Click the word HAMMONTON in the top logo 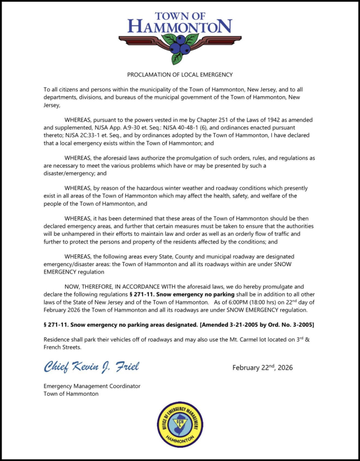click(180, 26)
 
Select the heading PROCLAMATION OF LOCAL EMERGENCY click(180, 74)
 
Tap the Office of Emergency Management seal click(180, 424)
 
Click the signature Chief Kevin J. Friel click(91, 367)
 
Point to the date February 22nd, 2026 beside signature click(262, 368)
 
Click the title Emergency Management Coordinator click(92, 386)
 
